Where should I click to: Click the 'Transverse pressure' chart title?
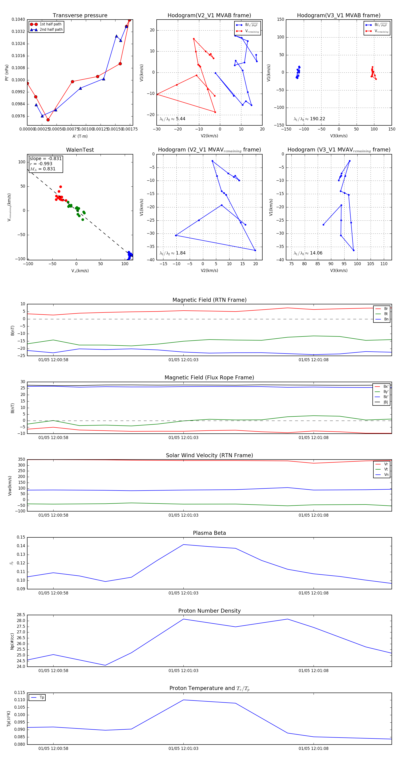pyautogui.click(x=80, y=16)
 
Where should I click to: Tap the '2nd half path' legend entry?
pyautogui.click(x=51, y=30)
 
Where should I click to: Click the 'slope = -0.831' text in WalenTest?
pyautogui.click(x=46, y=158)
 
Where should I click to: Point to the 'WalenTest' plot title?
pyautogui.click(x=80, y=150)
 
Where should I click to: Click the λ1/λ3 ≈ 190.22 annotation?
pyautogui.click(x=309, y=119)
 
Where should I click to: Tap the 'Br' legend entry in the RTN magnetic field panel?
pyautogui.click(x=386, y=309)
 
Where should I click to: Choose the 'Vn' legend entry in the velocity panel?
pyautogui.click(x=386, y=475)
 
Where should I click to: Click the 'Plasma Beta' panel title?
pyautogui.click(x=209, y=533)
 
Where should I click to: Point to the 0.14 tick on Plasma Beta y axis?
pyautogui.click(x=21, y=546)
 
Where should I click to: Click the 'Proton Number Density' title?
pyautogui.click(x=209, y=611)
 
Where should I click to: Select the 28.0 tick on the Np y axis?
pyautogui.click(x=21, y=621)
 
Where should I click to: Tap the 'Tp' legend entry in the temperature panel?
pyautogui.click(x=42, y=697)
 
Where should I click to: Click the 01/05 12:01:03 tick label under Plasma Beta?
pyautogui.click(x=183, y=593)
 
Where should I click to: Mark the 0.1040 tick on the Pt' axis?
pyautogui.click(x=18, y=19)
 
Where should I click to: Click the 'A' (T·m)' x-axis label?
pyautogui.click(x=80, y=136)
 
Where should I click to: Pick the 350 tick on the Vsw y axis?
pyautogui.click(x=21, y=460)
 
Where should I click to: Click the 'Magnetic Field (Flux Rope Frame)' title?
pyautogui.click(x=209, y=378)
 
